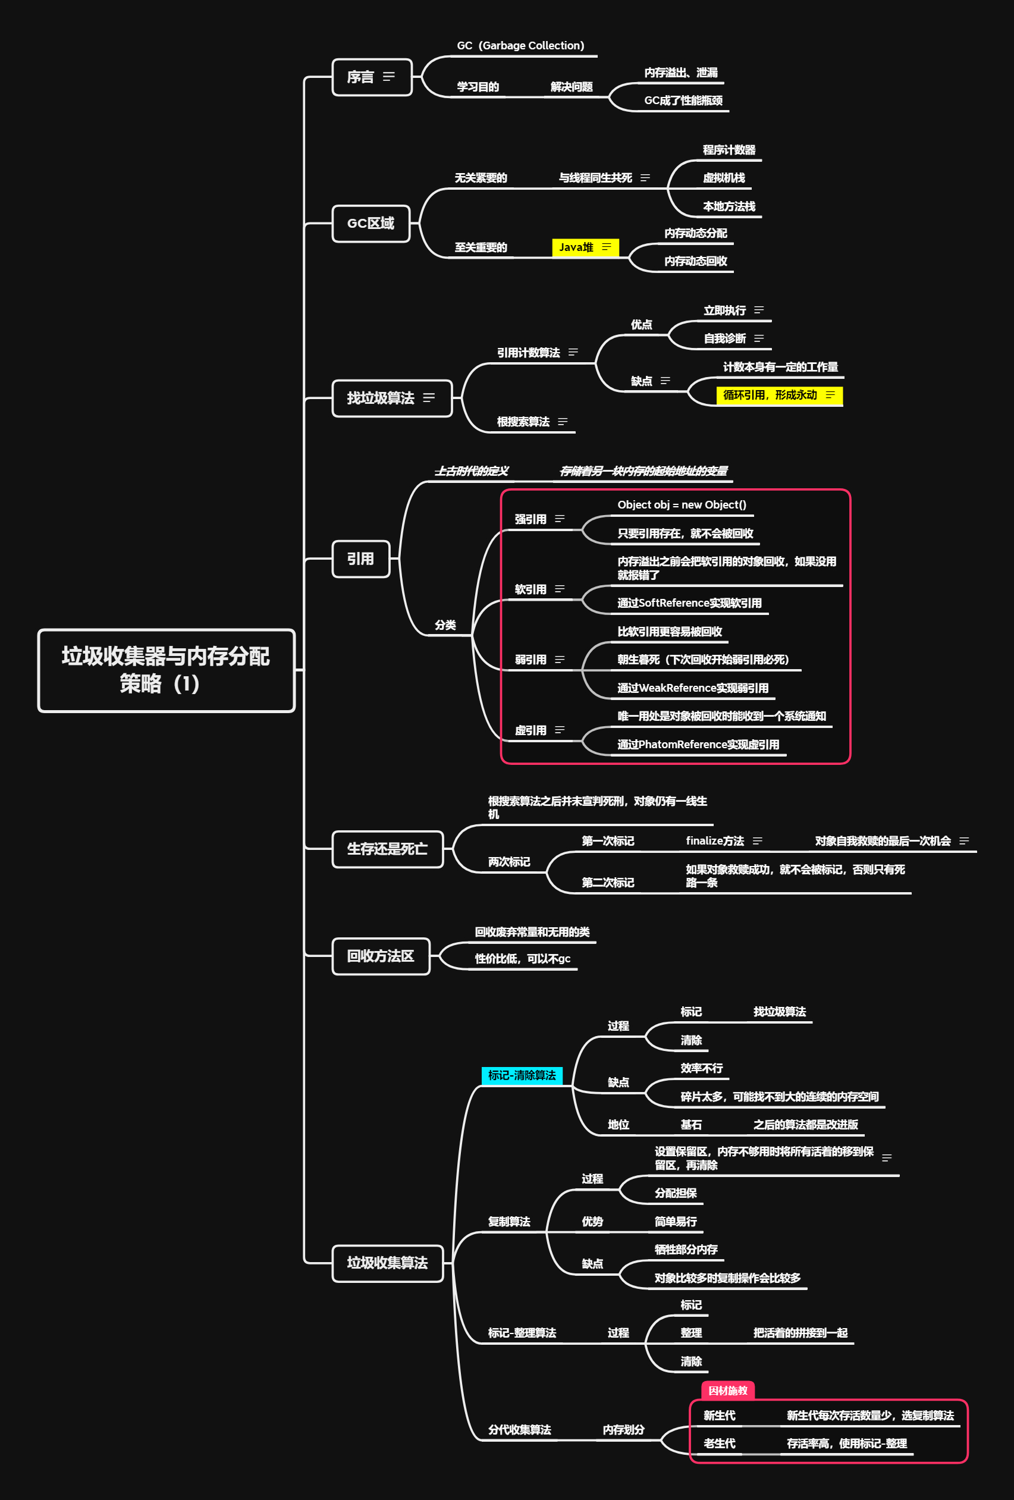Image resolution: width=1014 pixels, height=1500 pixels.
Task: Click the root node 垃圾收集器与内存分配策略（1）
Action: pyautogui.click(x=166, y=670)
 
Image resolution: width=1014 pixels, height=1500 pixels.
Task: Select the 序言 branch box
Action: pyautogui.click(x=371, y=77)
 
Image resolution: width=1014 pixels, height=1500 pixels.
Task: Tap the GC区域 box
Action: pyautogui.click(x=371, y=223)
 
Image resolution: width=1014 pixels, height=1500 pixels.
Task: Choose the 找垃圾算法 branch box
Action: pyautogui.click(x=391, y=398)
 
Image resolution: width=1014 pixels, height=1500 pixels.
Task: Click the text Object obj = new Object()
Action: pyautogui.click(x=682, y=505)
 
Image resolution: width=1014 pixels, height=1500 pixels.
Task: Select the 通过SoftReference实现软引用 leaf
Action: pyautogui.click(x=689, y=603)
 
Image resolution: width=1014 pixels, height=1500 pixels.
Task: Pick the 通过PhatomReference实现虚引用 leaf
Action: pyautogui.click(x=698, y=744)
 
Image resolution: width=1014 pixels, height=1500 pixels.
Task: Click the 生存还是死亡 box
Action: pyautogui.click(x=387, y=849)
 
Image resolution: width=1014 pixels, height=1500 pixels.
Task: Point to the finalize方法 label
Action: pyautogui.click(x=714, y=841)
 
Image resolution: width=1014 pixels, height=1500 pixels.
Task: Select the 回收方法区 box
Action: pyautogui.click(x=380, y=956)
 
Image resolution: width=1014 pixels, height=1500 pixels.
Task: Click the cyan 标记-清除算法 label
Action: pyautogui.click(x=522, y=1075)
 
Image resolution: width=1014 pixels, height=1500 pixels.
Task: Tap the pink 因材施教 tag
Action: pyautogui.click(x=727, y=1391)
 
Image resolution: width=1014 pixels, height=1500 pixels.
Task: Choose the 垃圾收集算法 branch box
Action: pyautogui.click(x=387, y=1263)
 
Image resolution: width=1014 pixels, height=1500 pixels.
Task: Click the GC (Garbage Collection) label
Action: pyautogui.click(x=520, y=46)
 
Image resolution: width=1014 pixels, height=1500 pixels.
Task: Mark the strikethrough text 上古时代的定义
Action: pyautogui.click(x=471, y=471)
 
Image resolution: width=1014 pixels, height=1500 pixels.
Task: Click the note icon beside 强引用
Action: pyautogui.click(x=560, y=519)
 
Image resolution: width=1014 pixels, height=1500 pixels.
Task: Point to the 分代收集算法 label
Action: pyautogui.click(x=520, y=1430)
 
